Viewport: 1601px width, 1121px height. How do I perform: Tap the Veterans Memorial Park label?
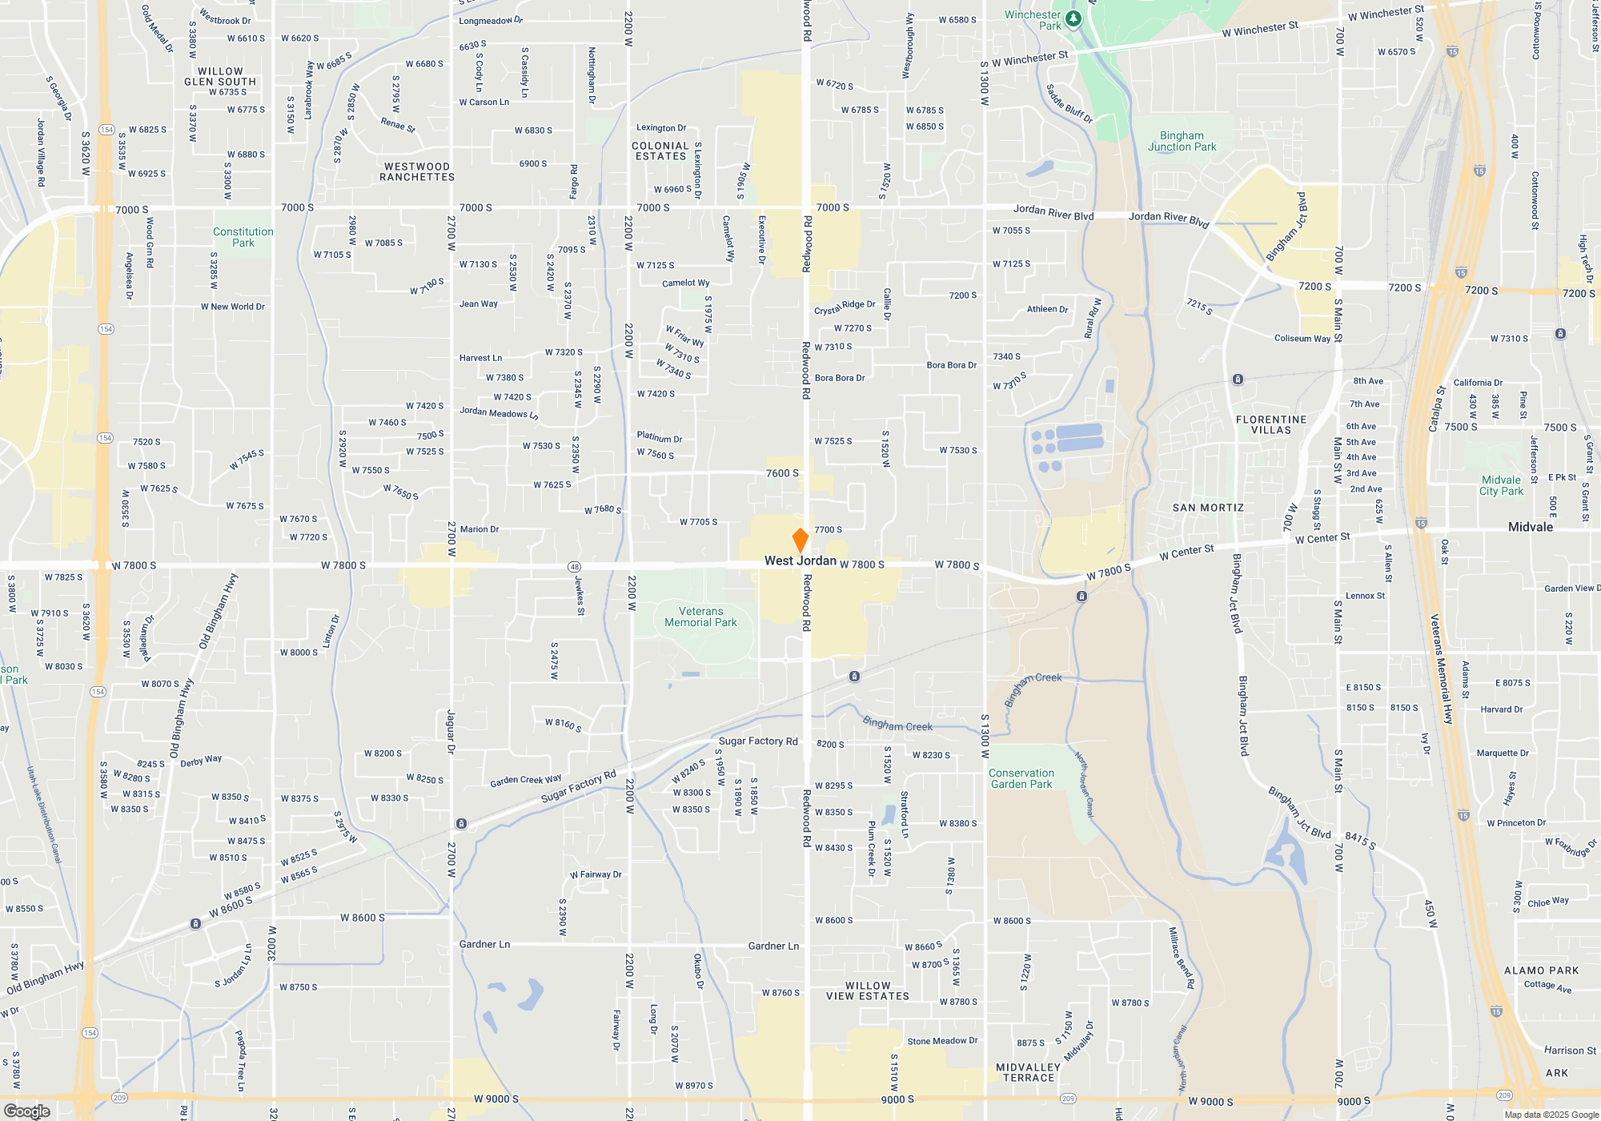[700, 617]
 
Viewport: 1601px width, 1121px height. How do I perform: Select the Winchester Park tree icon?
[1073, 18]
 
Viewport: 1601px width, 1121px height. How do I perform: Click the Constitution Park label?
[243, 237]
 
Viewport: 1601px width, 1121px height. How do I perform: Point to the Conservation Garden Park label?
[1021, 778]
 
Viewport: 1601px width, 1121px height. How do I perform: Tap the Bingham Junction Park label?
[1182, 141]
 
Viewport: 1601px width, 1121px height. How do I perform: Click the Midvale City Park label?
[1501, 485]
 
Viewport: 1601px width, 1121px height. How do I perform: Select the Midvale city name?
[1530, 527]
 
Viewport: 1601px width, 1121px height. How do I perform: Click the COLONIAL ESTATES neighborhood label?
[660, 151]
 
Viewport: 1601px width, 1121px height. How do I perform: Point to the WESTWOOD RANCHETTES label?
[417, 172]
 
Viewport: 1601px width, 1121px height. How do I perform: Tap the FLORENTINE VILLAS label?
[1270, 424]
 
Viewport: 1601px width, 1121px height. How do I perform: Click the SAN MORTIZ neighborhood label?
[1208, 508]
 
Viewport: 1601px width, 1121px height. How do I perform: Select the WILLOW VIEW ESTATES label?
[868, 991]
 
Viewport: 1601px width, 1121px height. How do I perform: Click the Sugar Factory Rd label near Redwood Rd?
[758, 741]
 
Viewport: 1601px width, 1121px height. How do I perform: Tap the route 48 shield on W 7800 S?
[574, 567]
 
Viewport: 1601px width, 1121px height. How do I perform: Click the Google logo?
[27, 1111]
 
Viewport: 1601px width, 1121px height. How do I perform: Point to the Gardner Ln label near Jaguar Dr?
[484, 944]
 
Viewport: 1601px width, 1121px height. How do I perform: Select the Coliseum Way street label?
[1302, 339]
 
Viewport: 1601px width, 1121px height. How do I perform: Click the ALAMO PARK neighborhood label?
[1541, 970]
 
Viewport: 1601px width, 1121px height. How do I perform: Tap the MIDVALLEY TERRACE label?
[1028, 1073]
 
